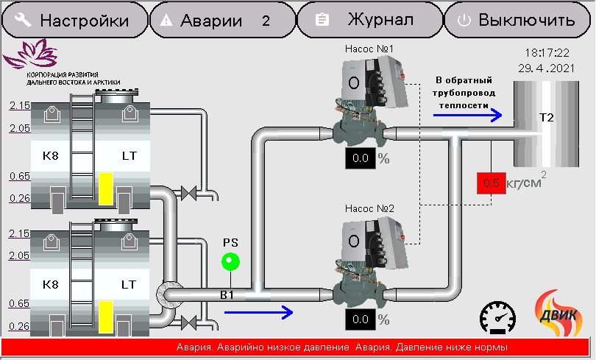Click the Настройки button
point(75,20)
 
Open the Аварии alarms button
point(223,20)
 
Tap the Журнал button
point(370,20)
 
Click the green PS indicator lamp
point(231,261)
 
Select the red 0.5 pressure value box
point(492,183)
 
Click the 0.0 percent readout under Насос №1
point(361,158)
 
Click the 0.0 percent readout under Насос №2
point(361,320)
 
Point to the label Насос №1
point(369,49)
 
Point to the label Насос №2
point(369,208)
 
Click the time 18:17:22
point(547,52)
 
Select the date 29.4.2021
point(546,68)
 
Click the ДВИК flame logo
point(558,313)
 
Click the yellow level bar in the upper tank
point(106,189)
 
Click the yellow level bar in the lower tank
point(106,317)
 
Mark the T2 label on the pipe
point(546,118)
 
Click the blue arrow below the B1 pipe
point(258,312)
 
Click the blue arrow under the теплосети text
point(467,115)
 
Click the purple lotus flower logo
point(31,54)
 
